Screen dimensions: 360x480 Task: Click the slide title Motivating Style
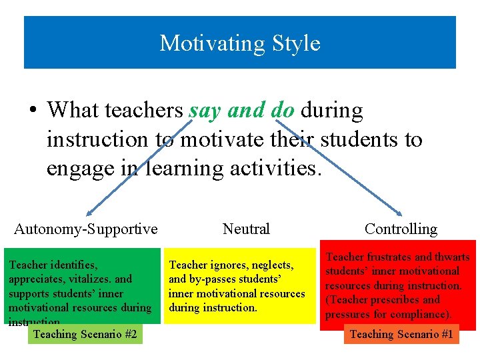pos(240,43)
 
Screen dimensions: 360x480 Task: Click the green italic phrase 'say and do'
pos(241,110)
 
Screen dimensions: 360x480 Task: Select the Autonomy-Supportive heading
pos(86,229)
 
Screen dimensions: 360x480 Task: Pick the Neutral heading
pos(246,229)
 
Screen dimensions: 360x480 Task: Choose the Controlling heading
pos(401,229)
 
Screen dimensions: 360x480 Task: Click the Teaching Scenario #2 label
pos(85,334)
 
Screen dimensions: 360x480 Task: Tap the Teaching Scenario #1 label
pos(401,334)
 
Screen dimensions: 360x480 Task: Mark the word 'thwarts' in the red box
pos(451,257)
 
